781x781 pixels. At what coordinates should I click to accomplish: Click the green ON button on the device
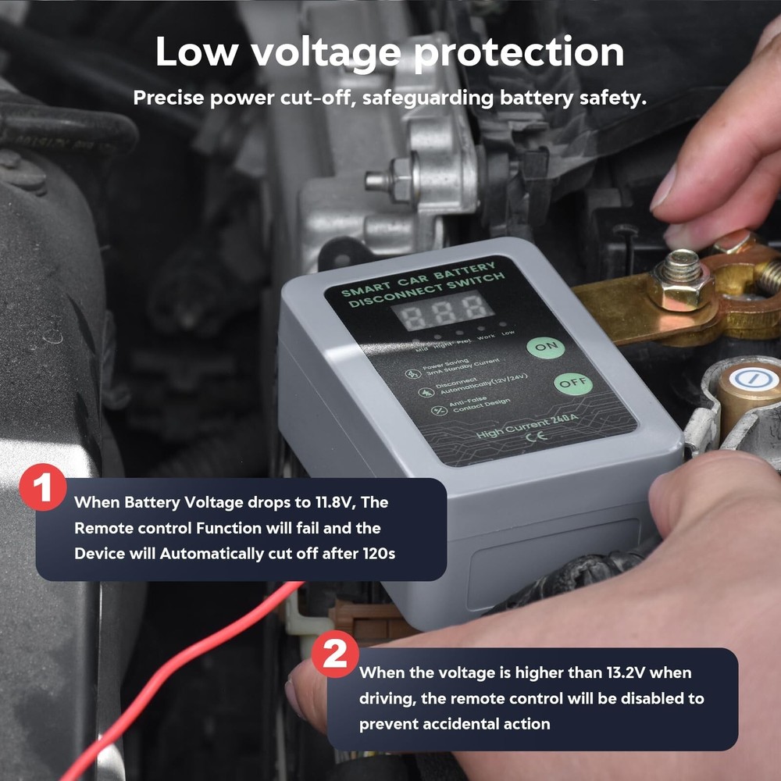click(x=545, y=346)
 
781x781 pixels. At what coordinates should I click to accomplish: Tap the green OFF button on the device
click(x=572, y=383)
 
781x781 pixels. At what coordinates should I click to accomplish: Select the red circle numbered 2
click(x=335, y=654)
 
